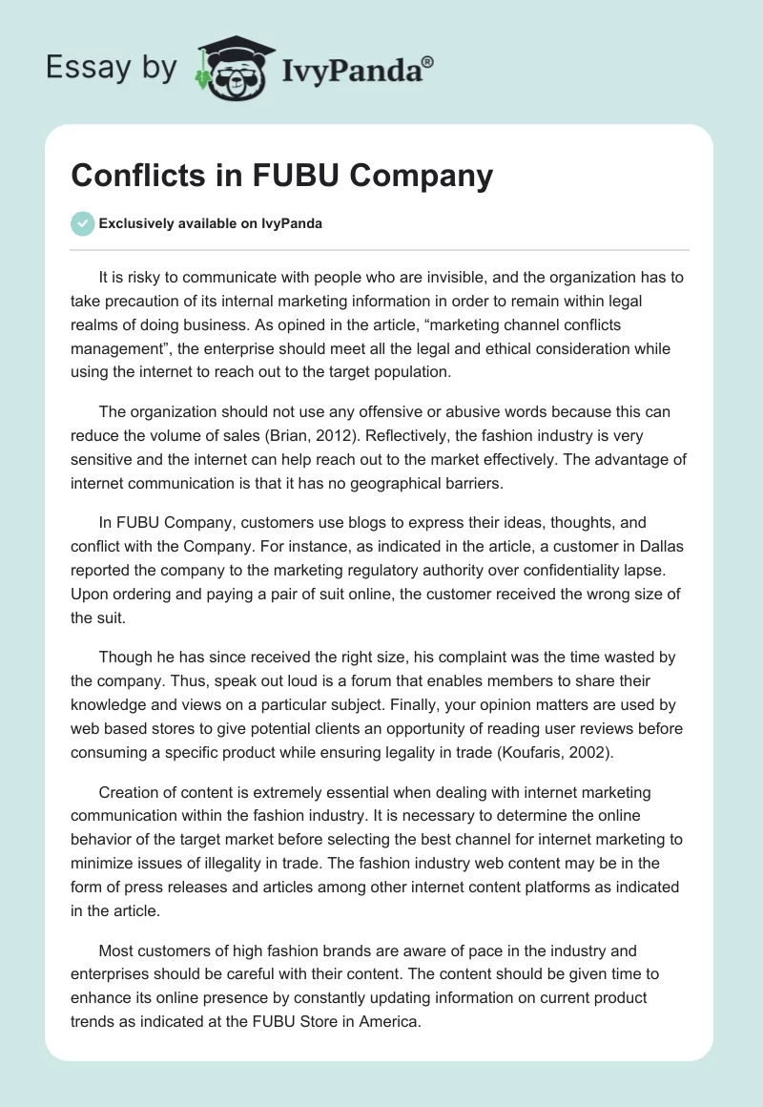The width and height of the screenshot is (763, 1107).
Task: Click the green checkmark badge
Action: coord(82,223)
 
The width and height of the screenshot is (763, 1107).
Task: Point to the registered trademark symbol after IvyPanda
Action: coord(428,62)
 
